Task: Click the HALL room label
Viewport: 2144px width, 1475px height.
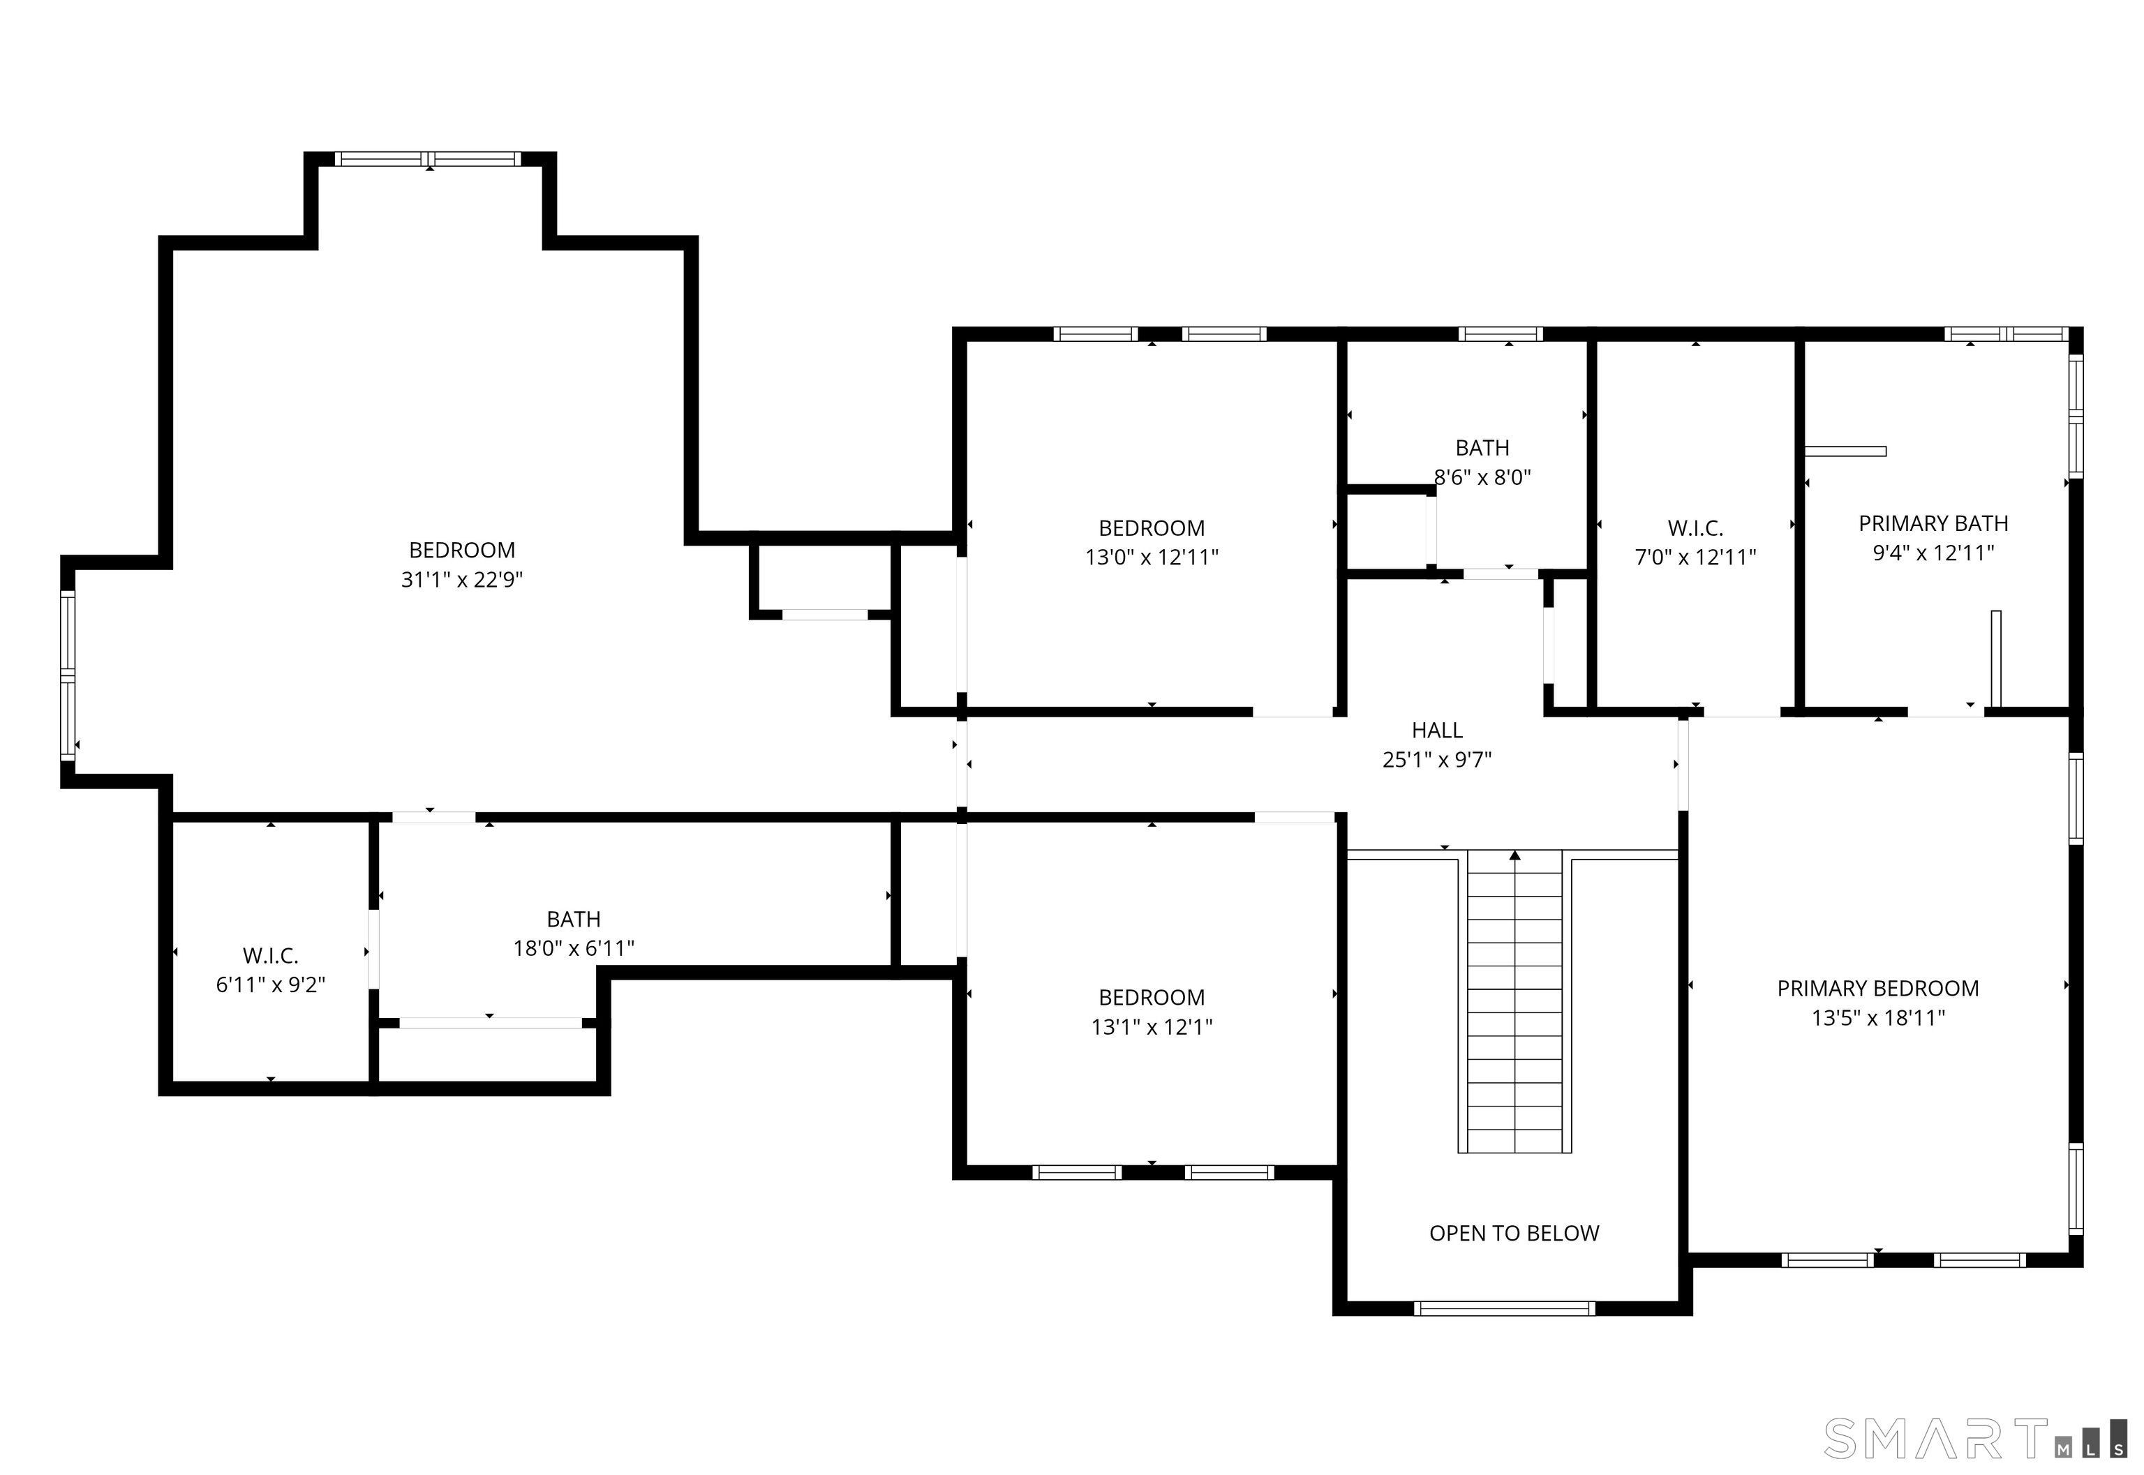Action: pos(1437,730)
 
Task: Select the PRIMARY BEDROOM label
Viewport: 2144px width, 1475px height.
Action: pos(1877,988)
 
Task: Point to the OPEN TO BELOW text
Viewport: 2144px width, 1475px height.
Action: pos(1514,1233)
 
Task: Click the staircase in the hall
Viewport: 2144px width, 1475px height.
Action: pos(1514,1008)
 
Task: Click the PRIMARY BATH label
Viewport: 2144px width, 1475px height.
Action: pos(1933,523)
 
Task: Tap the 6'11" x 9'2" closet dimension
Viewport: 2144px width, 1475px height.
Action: pos(270,985)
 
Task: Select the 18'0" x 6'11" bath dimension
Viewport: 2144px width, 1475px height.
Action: pos(573,948)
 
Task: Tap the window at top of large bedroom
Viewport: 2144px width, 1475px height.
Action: pos(427,159)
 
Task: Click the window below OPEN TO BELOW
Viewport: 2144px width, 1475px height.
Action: pos(1504,1308)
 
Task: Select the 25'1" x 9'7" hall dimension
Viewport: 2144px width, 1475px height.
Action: pos(1437,760)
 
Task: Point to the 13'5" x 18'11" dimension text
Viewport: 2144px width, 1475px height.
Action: pos(1877,1017)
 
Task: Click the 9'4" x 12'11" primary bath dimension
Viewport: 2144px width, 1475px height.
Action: pos(1933,553)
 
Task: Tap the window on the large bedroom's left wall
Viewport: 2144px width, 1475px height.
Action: pos(68,675)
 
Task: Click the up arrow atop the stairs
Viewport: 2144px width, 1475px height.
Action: pos(1514,856)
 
